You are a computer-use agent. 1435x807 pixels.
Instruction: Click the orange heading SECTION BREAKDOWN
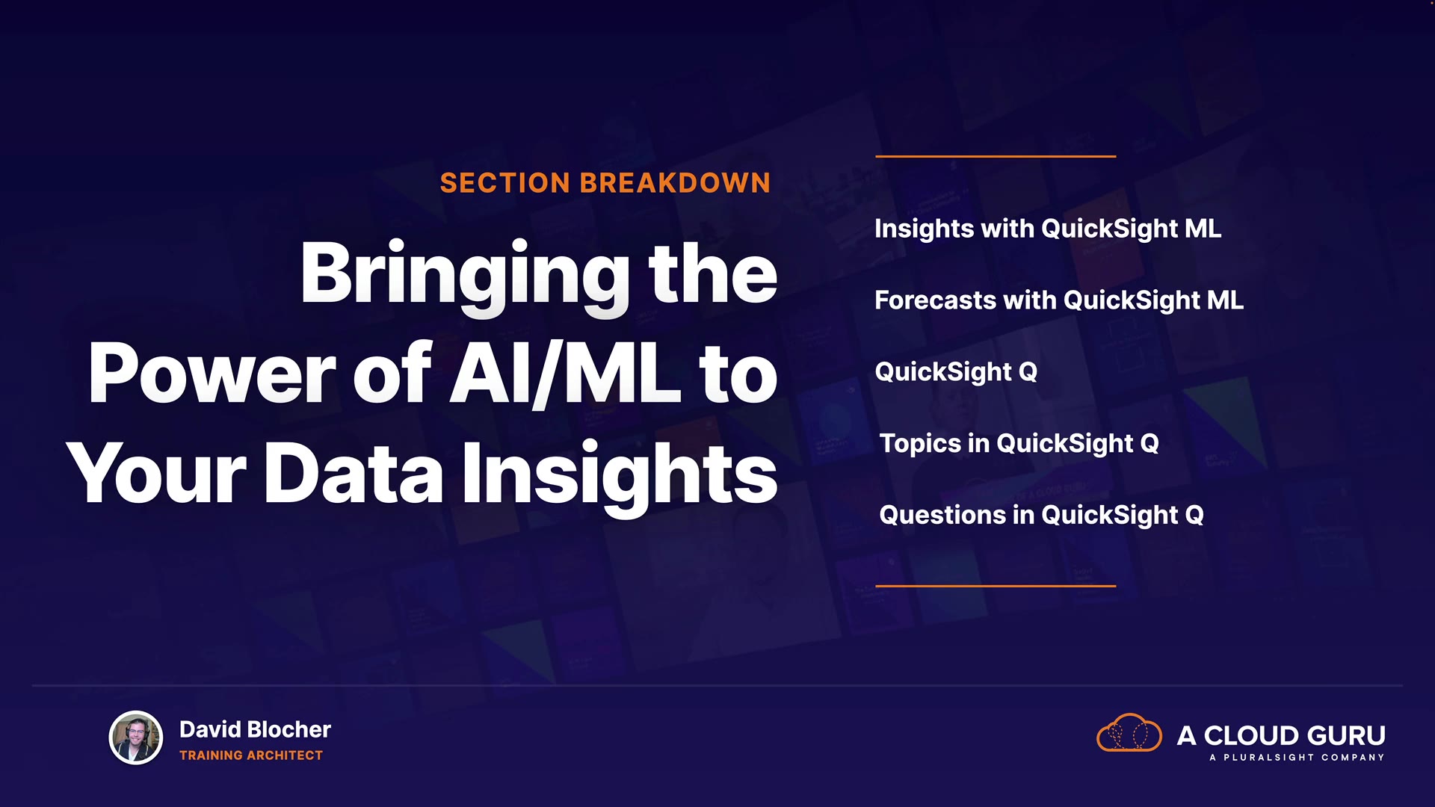click(605, 183)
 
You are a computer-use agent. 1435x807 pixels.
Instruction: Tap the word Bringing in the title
click(466, 277)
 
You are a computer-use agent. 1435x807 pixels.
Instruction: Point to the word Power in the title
click(212, 374)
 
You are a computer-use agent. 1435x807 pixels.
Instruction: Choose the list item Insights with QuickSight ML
click(1048, 229)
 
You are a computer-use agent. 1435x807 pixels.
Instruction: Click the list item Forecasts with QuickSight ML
click(1059, 300)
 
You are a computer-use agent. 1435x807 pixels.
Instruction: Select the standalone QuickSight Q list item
click(956, 372)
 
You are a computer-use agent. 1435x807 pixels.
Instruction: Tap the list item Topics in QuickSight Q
click(1019, 444)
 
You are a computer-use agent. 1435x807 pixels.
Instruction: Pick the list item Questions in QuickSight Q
click(1041, 516)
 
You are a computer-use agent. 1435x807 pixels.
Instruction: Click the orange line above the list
click(996, 156)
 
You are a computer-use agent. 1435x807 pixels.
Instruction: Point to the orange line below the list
click(996, 586)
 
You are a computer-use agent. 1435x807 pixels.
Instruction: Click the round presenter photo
click(136, 738)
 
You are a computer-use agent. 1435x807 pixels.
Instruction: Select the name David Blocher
click(255, 729)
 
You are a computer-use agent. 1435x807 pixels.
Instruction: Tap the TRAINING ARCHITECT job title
click(251, 755)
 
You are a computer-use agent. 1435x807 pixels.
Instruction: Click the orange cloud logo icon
click(1129, 733)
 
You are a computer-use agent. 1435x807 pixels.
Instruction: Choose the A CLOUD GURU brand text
click(1281, 736)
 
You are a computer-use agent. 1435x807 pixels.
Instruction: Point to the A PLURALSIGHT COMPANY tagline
click(1297, 758)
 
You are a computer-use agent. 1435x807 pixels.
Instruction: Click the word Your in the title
click(156, 472)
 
